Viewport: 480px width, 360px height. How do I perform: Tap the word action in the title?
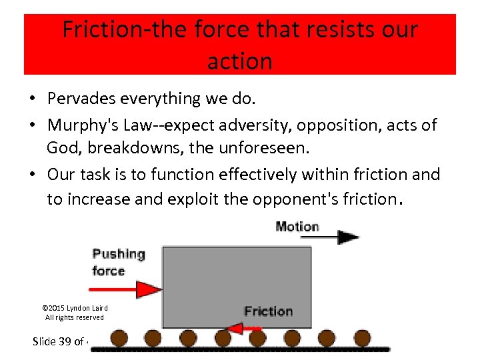click(239, 61)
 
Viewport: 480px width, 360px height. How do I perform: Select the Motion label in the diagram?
click(297, 227)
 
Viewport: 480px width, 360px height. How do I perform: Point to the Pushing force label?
click(117, 261)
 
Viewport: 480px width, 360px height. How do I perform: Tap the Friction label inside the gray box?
click(268, 311)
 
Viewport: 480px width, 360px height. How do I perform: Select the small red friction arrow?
click(243, 327)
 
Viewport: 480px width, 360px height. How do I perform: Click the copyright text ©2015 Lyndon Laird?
click(75, 308)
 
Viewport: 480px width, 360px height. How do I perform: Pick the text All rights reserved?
click(75, 317)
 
